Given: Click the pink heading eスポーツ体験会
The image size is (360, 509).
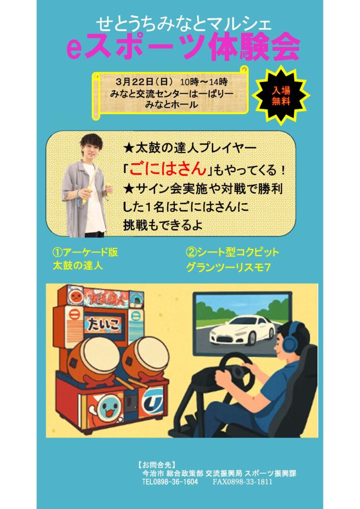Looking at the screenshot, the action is coord(183,48).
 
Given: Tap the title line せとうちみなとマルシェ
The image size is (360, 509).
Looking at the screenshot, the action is coord(184,24).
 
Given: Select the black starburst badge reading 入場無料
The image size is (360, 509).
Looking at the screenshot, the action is coord(281,96).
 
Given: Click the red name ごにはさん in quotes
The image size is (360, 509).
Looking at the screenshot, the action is coord(168,169).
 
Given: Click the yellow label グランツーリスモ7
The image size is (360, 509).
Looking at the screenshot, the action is coord(228,268).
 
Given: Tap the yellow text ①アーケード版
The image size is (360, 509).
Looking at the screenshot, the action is coord(86,252).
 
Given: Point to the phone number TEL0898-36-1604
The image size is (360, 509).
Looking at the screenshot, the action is coord(170,482).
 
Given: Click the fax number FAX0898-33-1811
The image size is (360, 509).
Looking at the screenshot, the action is coord(242,482).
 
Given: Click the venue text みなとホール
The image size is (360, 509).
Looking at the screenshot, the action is coord(171,104).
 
